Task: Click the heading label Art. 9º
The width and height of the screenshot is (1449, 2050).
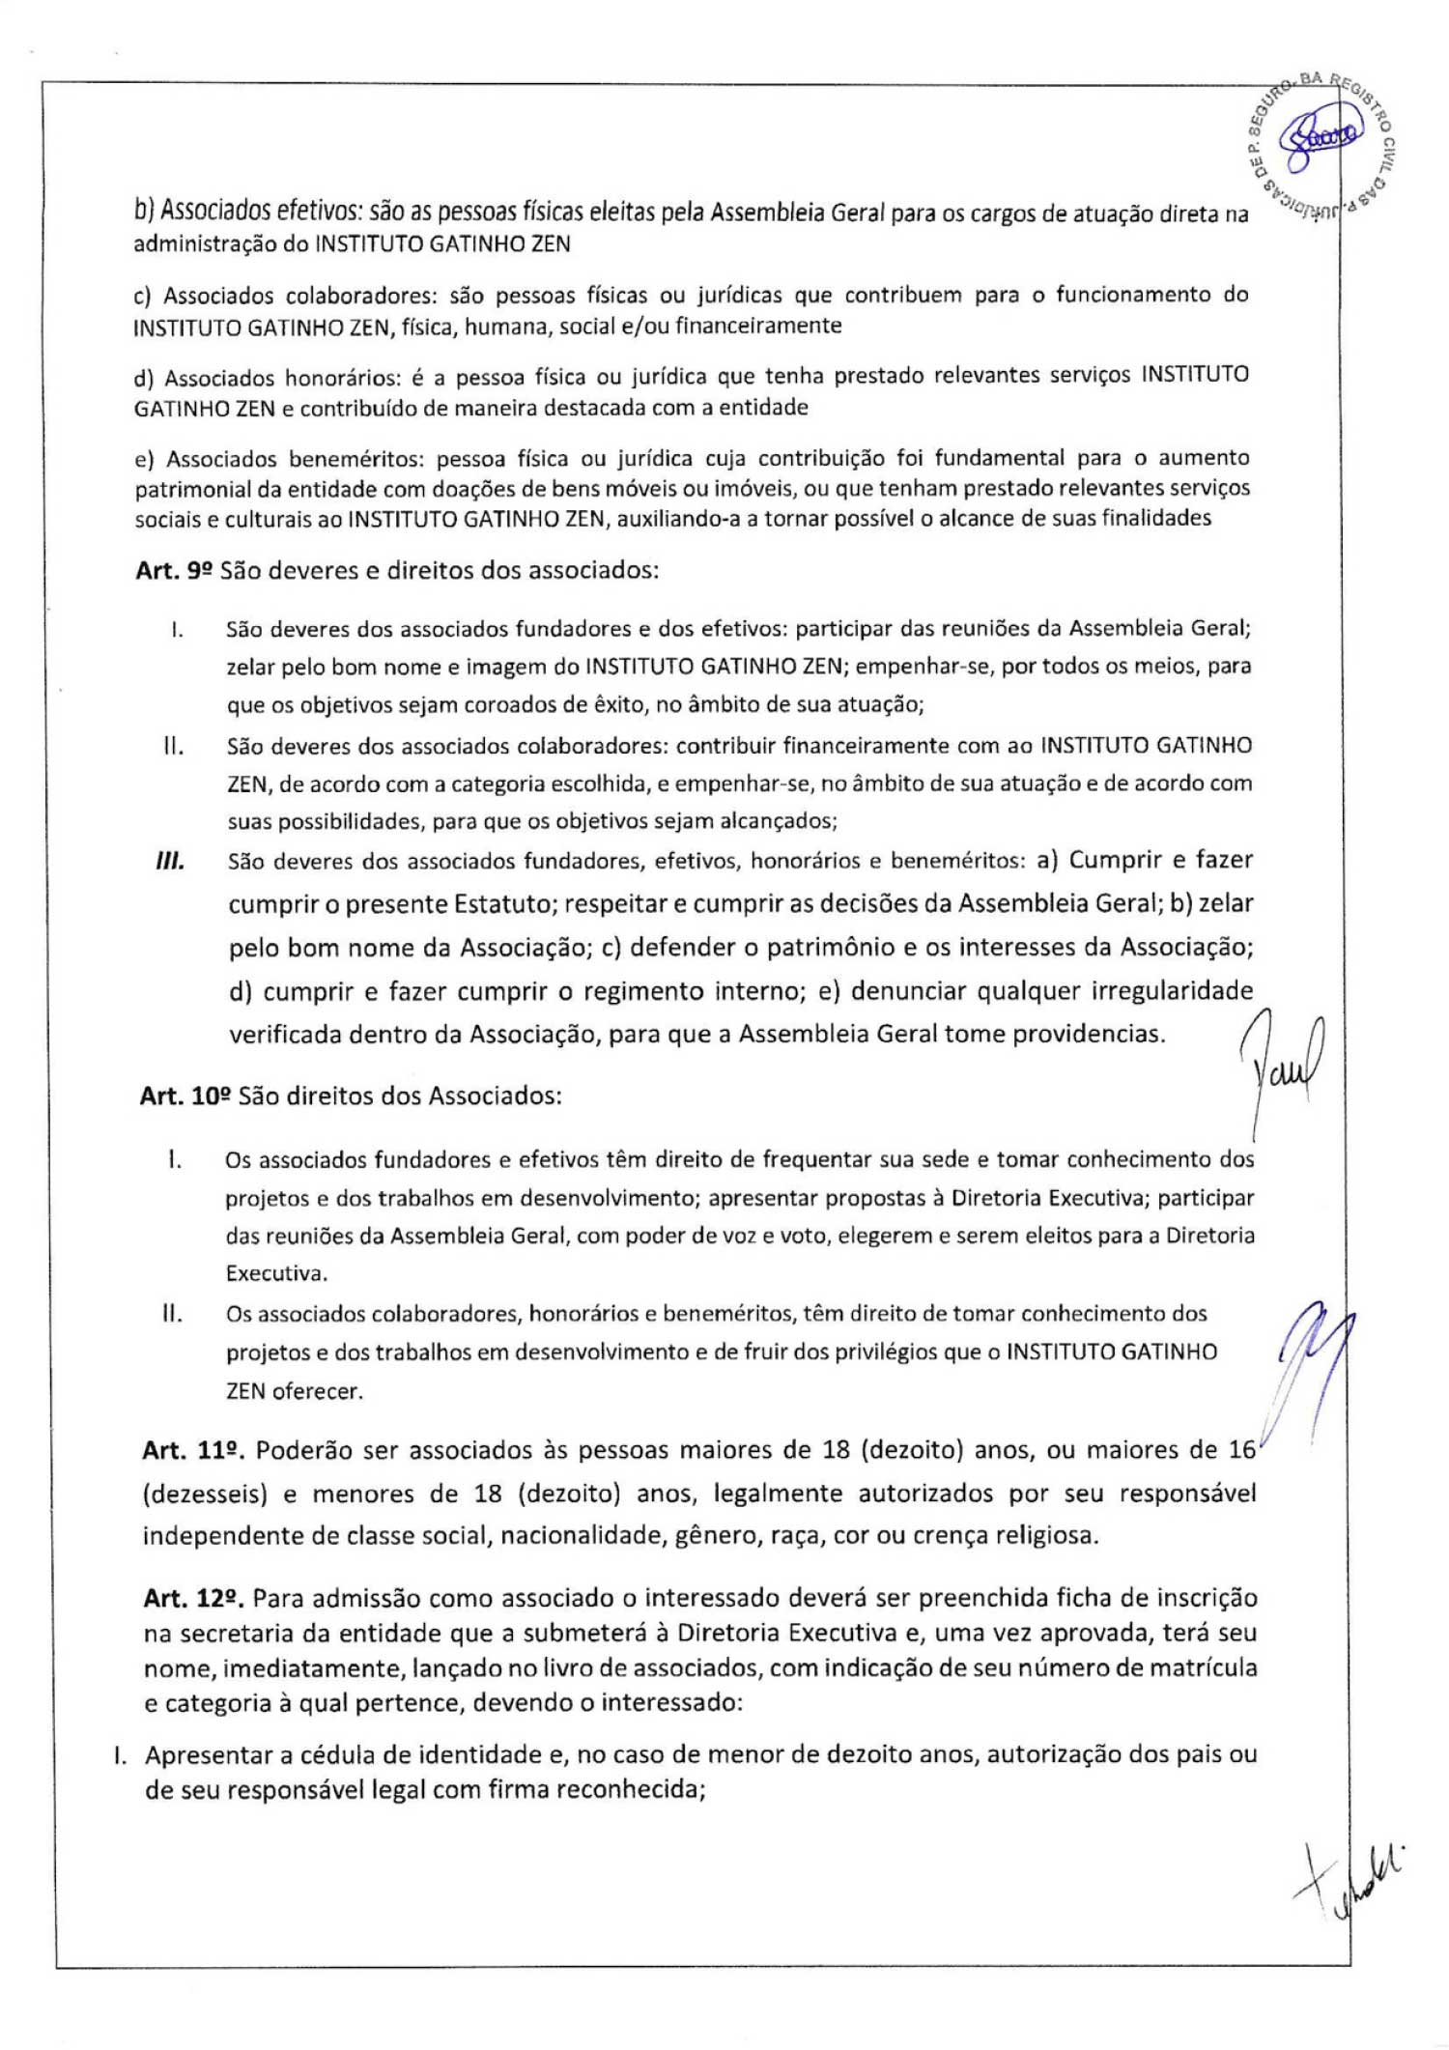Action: point(173,570)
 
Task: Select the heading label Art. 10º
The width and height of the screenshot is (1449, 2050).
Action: point(185,1096)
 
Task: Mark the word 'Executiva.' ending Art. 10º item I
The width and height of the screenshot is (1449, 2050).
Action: point(276,1273)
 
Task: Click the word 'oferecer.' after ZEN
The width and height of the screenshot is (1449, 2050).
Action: point(318,1391)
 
